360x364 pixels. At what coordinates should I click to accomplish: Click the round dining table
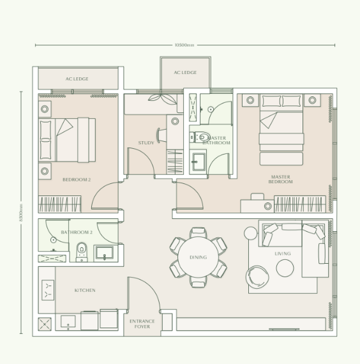(198, 257)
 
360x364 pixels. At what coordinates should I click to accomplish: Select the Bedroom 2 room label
(77, 180)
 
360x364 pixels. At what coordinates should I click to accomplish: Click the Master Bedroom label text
(280, 179)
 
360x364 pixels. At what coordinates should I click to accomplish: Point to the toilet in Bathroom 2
(81, 252)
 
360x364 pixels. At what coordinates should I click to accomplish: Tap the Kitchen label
(85, 291)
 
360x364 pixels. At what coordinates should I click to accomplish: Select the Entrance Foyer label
(142, 324)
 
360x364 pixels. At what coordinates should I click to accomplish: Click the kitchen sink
(48, 290)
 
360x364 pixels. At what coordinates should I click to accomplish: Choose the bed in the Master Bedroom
(281, 130)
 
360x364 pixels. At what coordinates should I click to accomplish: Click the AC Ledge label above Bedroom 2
(77, 79)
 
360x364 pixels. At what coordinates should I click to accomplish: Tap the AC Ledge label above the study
(185, 73)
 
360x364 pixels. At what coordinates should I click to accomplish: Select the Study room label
(146, 142)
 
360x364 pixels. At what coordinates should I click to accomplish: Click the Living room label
(283, 254)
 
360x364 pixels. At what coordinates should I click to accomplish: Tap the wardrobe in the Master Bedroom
(299, 204)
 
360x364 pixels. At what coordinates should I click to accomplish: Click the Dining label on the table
(198, 257)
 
